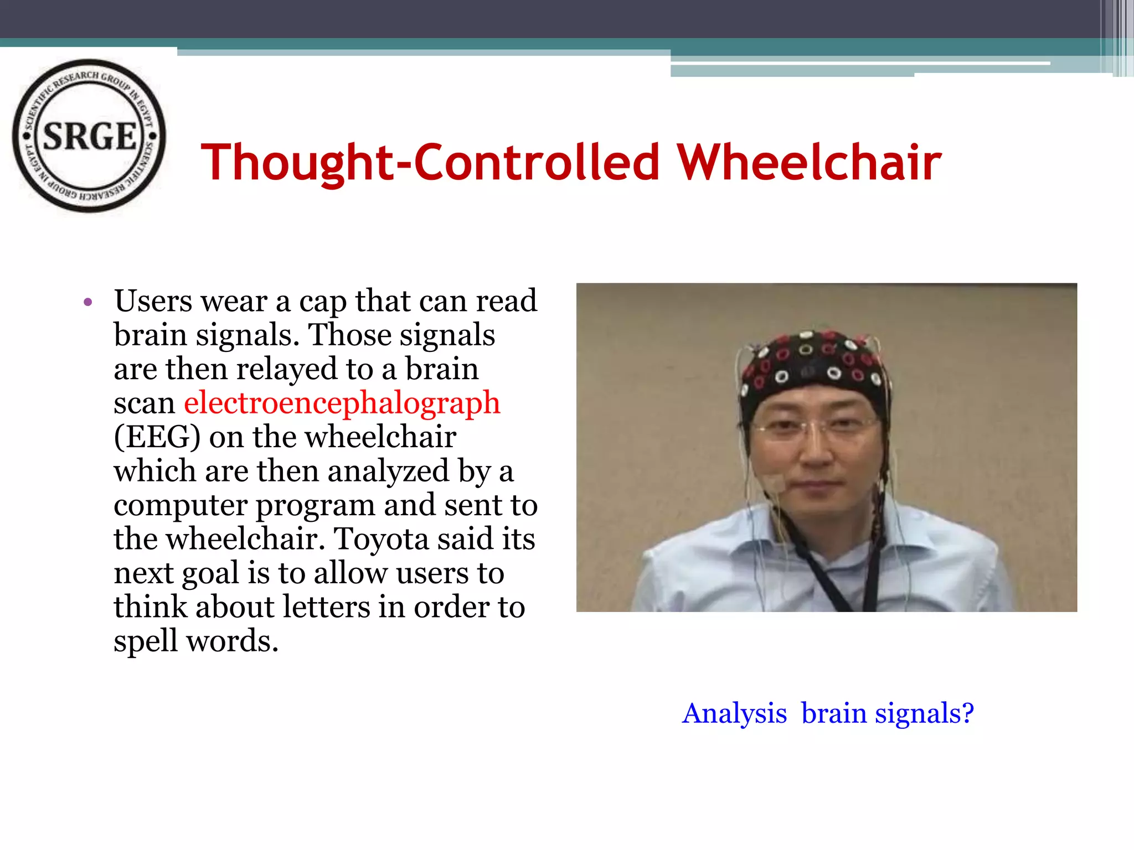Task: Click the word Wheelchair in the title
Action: point(809,162)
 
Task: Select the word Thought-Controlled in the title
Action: point(430,162)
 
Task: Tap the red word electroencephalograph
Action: point(342,402)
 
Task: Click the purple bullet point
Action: point(87,302)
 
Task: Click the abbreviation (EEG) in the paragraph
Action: point(157,437)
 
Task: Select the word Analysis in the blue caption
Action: point(734,713)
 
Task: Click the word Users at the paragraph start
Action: point(153,302)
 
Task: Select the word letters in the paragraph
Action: point(326,607)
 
